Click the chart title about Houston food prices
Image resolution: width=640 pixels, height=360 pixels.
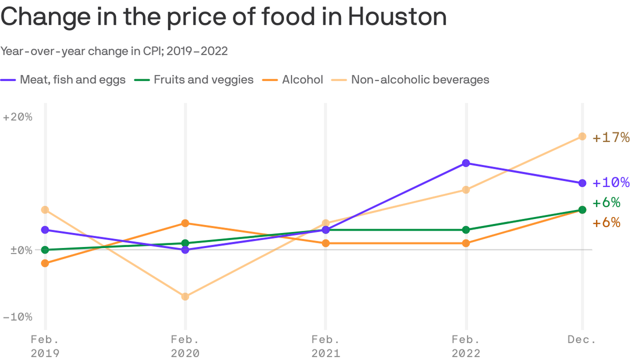coord(223,17)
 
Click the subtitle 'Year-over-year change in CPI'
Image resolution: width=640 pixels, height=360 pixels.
coord(114,51)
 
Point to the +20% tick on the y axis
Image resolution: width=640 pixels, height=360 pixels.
coord(18,117)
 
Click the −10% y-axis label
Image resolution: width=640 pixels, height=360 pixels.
coord(18,317)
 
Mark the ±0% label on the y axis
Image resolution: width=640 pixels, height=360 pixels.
coord(21,250)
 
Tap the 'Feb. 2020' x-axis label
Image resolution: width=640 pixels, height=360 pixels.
coord(185,346)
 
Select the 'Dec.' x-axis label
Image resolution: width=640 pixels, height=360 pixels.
coord(581,340)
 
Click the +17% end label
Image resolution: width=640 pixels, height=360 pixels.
coord(611,138)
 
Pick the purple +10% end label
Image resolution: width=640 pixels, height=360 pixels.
coord(611,183)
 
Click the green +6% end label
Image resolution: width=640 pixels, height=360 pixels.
coord(607,203)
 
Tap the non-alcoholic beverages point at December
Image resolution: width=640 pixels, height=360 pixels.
coord(582,136)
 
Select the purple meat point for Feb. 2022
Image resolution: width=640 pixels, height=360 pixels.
coord(466,163)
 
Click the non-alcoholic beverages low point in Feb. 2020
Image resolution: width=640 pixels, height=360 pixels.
coord(185,297)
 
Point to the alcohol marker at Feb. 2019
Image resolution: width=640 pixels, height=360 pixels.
coord(45,263)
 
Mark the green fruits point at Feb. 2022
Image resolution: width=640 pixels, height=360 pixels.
coord(466,230)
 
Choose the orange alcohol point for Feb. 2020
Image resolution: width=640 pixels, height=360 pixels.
coord(185,223)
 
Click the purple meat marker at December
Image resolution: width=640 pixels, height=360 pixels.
coord(582,183)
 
